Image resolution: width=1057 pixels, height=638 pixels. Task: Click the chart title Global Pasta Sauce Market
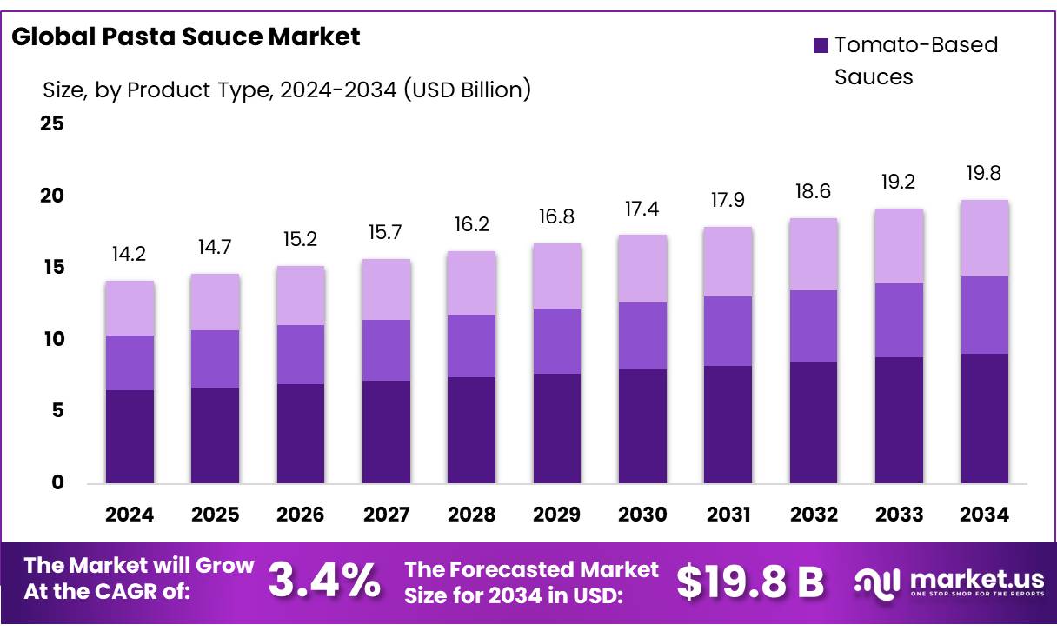pyautogui.click(x=186, y=37)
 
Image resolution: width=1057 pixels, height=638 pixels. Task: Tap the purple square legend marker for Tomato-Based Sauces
pyautogui.click(x=821, y=45)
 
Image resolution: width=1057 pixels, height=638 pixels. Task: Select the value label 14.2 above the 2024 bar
pyautogui.click(x=130, y=255)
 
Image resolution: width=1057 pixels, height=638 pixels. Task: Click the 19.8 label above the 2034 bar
pyautogui.click(x=984, y=173)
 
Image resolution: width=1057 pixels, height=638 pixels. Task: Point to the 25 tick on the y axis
pyautogui.click(x=52, y=123)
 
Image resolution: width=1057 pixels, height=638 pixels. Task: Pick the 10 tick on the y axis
pyautogui.click(x=52, y=339)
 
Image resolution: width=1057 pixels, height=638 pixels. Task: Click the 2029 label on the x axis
pyautogui.click(x=557, y=515)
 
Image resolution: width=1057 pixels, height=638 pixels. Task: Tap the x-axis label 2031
pyautogui.click(x=728, y=515)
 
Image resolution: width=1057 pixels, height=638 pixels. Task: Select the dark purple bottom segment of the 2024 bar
pyautogui.click(x=130, y=436)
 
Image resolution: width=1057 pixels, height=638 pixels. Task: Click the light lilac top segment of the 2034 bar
pyautogui.click(x=984, y=238)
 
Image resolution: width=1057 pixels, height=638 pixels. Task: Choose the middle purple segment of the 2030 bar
pyautogui.click(x=642, y=336)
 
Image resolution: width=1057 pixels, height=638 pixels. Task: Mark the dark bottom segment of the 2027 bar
pyautogui.click(x=386, y=431)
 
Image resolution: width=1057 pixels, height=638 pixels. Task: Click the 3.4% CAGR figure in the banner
pyautogui.click(x=323, y=581)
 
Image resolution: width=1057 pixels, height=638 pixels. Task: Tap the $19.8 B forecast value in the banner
pyautogui.click(x=750, y=582)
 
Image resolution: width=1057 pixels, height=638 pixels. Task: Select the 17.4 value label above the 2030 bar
pyautogui.click(x=642, y=209)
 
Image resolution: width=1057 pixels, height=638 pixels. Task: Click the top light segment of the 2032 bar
pyautogui.click(x=813, y=254)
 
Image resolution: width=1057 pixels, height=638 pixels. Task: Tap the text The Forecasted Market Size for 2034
pyautogui.click(x=532, y=582)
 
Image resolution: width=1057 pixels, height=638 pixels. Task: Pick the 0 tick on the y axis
pyautogui.click(x=57, y=483)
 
